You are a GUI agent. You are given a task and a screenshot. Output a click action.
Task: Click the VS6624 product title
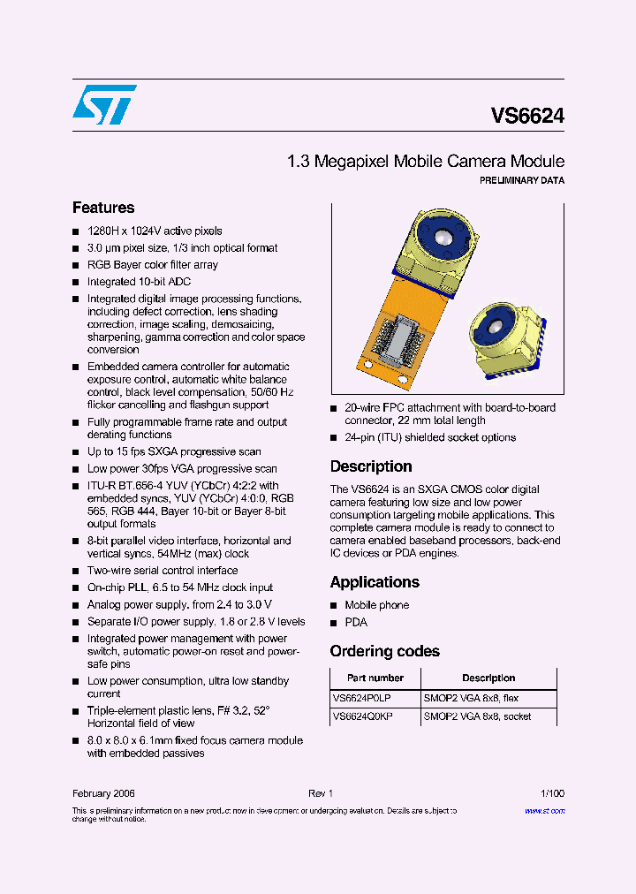pos(527,116)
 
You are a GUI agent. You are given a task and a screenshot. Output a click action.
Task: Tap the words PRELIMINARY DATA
pos(521,180)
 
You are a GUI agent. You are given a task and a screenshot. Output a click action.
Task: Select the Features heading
pos(103,208)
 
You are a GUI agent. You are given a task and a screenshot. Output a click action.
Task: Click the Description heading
pos(371,466)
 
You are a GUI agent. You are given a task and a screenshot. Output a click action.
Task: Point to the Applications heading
pos(375,582)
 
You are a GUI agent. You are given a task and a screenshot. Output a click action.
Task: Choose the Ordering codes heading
pos(384,651)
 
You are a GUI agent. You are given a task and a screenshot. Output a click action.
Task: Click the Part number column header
pos(375,678)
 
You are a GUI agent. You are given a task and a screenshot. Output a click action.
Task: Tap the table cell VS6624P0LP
pos(362,698)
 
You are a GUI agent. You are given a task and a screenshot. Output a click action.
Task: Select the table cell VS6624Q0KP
pos(362,716)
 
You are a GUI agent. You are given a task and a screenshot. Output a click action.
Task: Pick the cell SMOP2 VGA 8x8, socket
pos(477,716)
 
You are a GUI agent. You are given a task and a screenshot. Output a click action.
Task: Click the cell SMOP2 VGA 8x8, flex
pos(471,698)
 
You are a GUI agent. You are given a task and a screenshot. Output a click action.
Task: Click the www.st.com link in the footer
pos(544,810)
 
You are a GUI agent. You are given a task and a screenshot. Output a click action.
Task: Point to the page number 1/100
pos(552,793)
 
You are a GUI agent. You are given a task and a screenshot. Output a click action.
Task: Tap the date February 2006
pos(103,793)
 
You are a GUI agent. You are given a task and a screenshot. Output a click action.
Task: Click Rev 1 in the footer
pos(320,793)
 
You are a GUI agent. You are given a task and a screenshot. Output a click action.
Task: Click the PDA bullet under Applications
pos(356,623)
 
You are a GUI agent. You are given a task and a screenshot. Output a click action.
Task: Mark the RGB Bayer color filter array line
pos(152,265)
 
